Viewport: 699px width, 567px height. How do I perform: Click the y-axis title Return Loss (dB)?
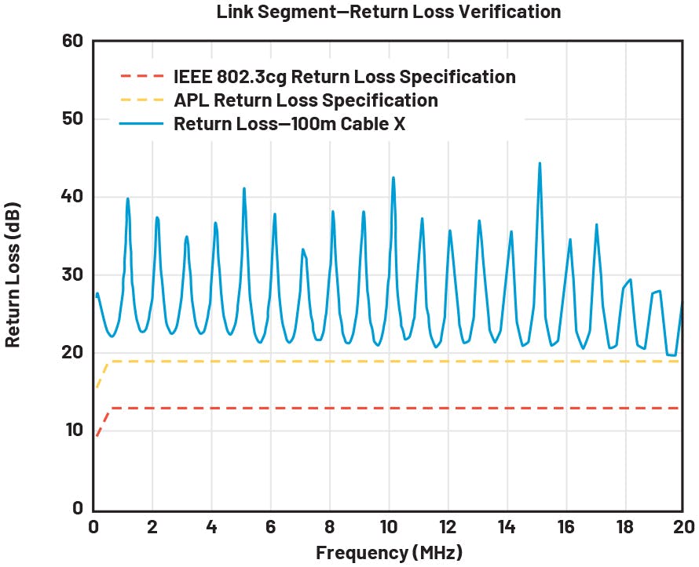tap(13, 274)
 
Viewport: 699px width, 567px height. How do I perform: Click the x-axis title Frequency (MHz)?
tap(389, 552)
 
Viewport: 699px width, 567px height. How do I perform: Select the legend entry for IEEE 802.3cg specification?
tap(345, 77)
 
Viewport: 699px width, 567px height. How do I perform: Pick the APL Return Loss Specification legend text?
tap(306, 100)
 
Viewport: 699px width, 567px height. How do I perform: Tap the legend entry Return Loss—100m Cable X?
tap(289, 124)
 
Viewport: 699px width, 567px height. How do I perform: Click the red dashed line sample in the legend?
tap(143, 77)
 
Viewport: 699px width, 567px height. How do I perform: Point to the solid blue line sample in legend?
tap(143, 124)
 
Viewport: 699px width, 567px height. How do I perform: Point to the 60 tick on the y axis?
tap(72, 40)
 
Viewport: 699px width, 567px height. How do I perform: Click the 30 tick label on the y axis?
tap(72, 274)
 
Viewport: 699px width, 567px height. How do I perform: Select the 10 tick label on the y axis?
tap(72, 431)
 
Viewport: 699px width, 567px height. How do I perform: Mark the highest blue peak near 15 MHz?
tap(540, 163)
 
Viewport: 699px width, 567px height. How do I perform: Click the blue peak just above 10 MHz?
tap(393, 177)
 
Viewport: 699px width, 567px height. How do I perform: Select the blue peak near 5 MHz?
tap(244, 188)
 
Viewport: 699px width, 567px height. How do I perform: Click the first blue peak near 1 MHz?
tap(127, 198)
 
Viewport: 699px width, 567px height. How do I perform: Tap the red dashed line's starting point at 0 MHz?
tap(95, 436)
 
